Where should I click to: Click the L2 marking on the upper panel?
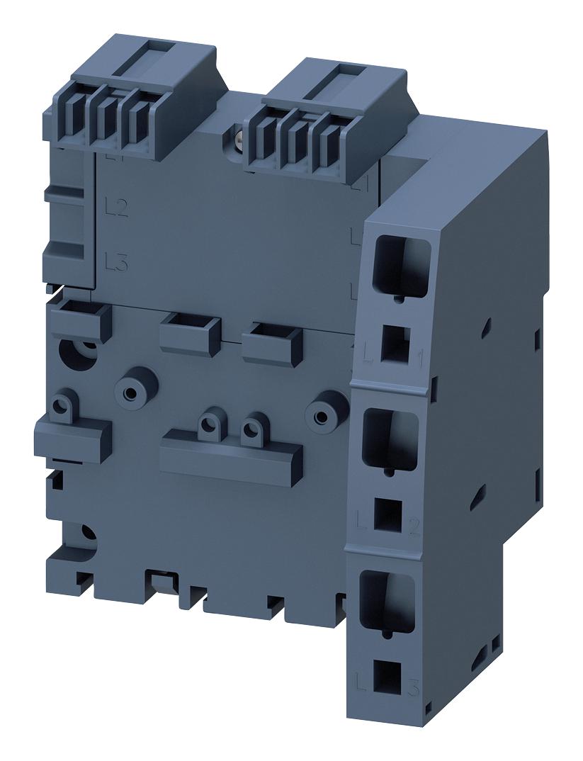pos(115,208)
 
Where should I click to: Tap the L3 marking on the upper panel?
pos(115,262)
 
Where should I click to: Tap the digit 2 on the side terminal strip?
pos(415,526)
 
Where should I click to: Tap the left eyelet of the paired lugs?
pos(208,424)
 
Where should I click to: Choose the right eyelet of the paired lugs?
pos(251,427)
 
